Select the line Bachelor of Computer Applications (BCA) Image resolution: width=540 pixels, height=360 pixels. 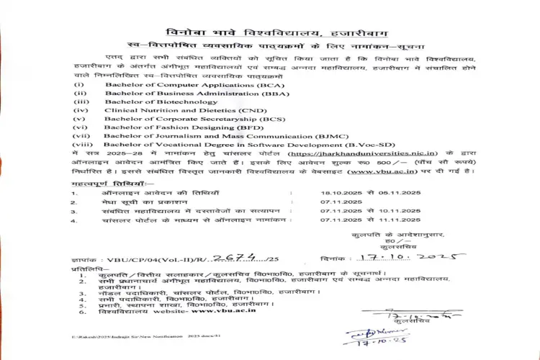pyautogui.click(x=194, y=85)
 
